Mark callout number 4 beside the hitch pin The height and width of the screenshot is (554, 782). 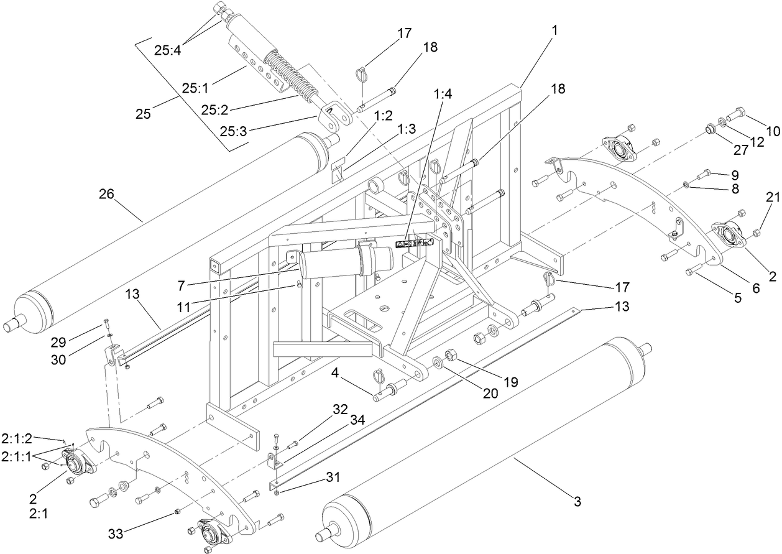click(352, 375)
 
